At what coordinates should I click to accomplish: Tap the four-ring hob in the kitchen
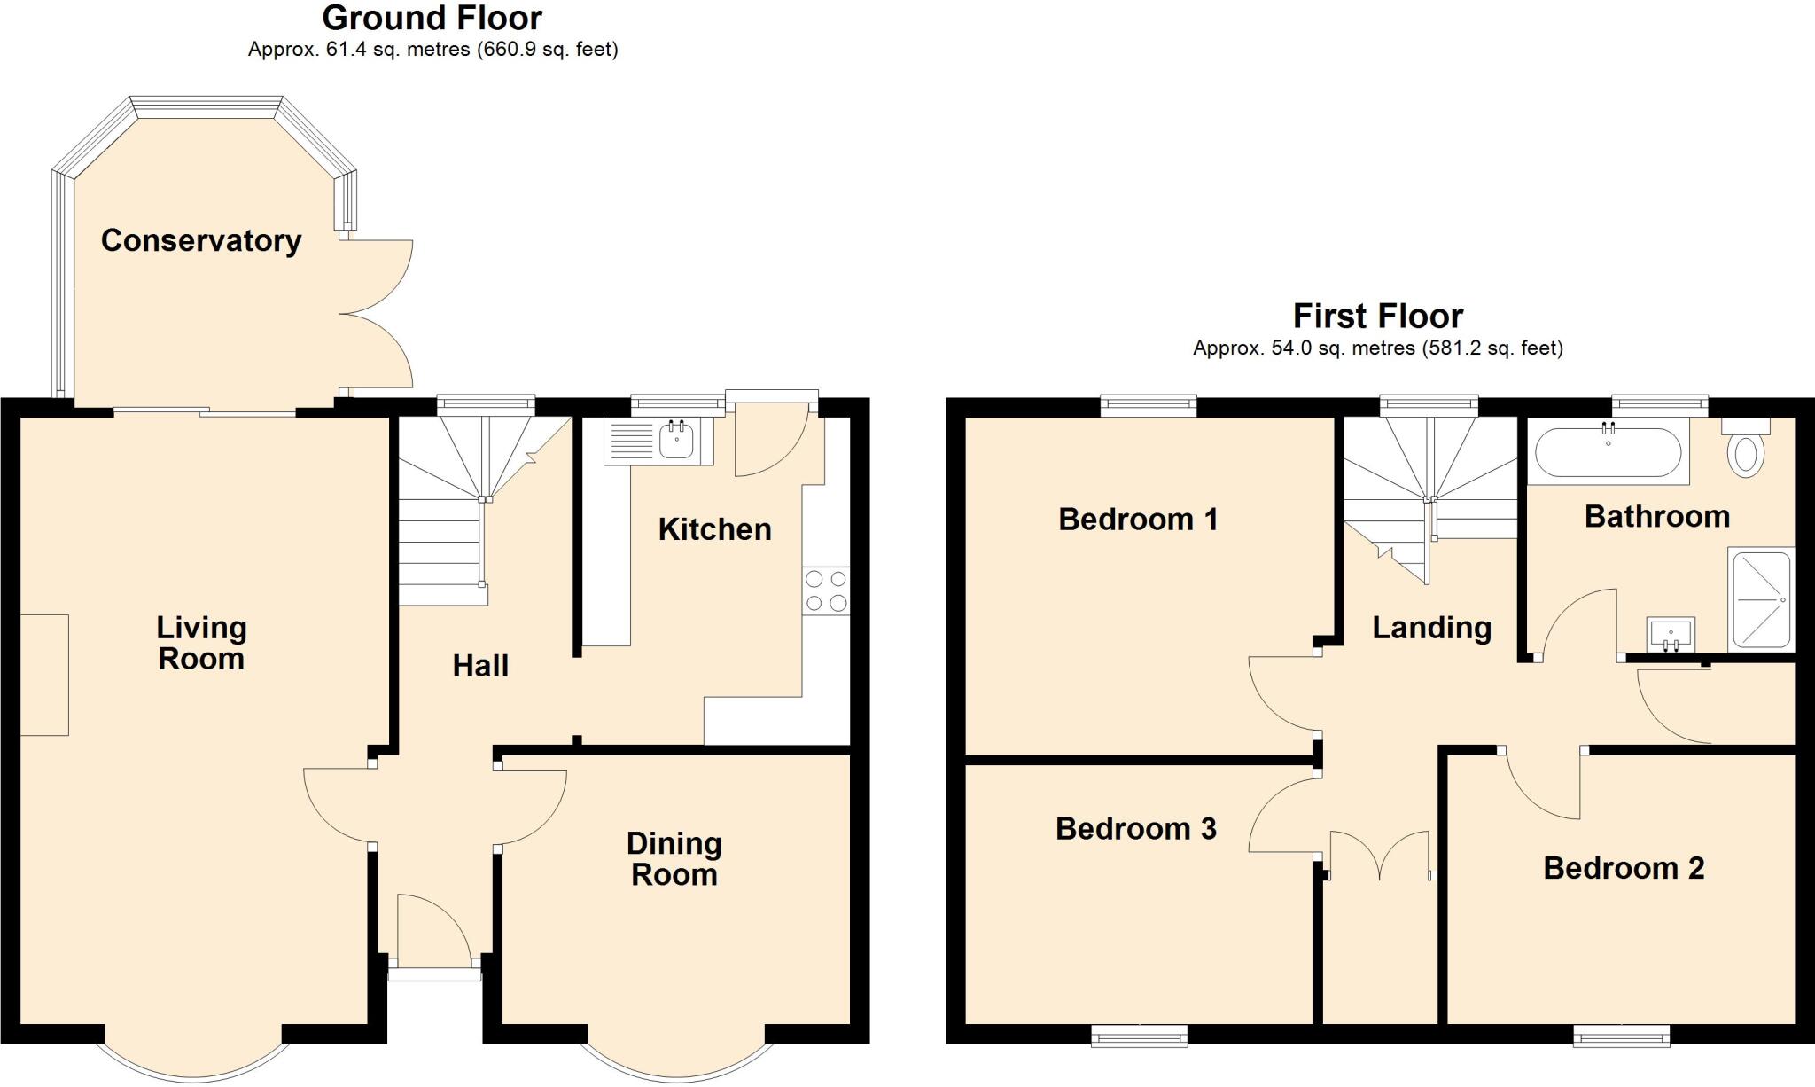coord(825,591)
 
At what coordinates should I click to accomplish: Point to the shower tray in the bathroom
coord(1760,600)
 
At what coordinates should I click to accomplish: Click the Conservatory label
coord(201,240)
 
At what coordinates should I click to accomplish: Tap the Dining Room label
coord(674,858)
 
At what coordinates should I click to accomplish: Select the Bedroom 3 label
coord(1135,828)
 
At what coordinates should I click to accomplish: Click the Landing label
coord(1431,627)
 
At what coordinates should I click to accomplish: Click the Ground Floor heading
coord(432,18)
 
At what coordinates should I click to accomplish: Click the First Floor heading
coord(1377,316)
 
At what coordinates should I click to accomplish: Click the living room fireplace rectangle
coord(44,675)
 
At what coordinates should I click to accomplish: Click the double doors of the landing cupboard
coord(1380,856)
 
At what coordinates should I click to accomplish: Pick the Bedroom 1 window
coord(1149,405)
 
